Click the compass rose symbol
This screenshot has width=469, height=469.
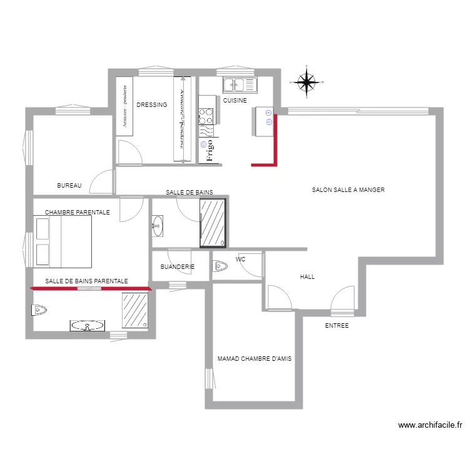coord(306,81)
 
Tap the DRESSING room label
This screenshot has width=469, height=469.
coord(152,105)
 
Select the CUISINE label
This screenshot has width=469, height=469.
coord(234,101)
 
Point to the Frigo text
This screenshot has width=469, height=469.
coord(210,151)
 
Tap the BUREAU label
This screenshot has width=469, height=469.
coord(69,186)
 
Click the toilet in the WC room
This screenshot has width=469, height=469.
coord(220,267)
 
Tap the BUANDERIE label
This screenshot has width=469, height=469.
coord(178,267)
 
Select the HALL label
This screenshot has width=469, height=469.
coord(307,276)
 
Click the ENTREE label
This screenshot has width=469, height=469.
coord(336,326)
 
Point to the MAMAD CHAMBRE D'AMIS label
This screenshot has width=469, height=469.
coord(255,359)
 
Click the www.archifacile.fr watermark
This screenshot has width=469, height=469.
coord(430,425)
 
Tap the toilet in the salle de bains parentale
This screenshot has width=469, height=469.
coord(39,309)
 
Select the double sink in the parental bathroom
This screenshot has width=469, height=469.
coord(87,325)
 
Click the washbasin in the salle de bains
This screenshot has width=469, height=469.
coord(157,226)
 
